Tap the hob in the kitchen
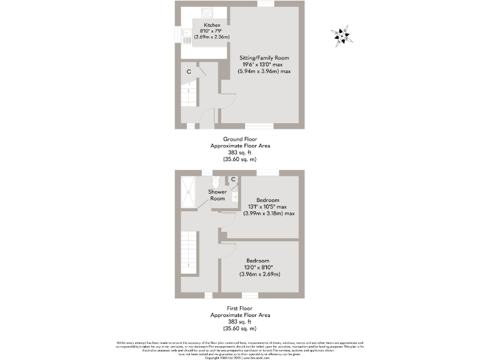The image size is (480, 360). coord(207,13)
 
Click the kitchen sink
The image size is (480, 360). coord(187,39)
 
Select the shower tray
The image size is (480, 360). coord(188,191)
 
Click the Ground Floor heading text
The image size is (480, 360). coord(240,139)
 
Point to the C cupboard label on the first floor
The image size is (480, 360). coord(233,180)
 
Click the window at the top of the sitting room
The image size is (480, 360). coord(266,4)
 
